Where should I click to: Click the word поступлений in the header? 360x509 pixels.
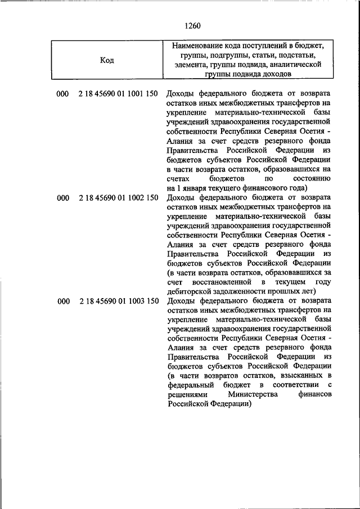pos(266,46)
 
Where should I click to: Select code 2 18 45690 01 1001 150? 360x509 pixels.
pos(118,93)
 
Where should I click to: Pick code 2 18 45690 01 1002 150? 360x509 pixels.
pos(118,198)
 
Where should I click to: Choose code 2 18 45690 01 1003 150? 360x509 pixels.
pos(118,301)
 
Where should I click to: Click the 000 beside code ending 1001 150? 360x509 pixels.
pos(62,93)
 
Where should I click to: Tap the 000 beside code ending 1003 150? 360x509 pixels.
pos(62,301)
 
